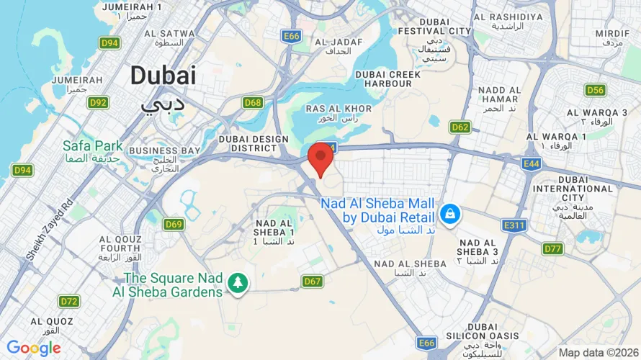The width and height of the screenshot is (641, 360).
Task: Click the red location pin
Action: [320, 158]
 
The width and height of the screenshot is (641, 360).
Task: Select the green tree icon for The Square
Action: [236, 284]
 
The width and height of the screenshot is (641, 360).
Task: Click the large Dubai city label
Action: [163, 75]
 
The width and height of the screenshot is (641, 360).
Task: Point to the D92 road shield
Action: [98, 102]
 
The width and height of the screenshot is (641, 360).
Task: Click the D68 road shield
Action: [253, 102]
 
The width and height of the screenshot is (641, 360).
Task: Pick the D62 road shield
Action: [460, 127]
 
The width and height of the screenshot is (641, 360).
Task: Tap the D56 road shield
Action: [595, 90]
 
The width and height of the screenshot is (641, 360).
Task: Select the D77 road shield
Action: [552, 249]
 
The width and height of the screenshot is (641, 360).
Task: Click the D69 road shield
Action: [174, 224]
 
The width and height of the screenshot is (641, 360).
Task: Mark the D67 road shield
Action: [312, 281]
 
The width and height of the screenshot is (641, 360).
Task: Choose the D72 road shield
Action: [69, 301]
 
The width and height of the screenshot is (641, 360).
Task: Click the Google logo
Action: [33, 348]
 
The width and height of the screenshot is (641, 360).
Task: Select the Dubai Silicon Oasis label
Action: [492, 336]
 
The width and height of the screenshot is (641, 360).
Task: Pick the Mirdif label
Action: [613, 34]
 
